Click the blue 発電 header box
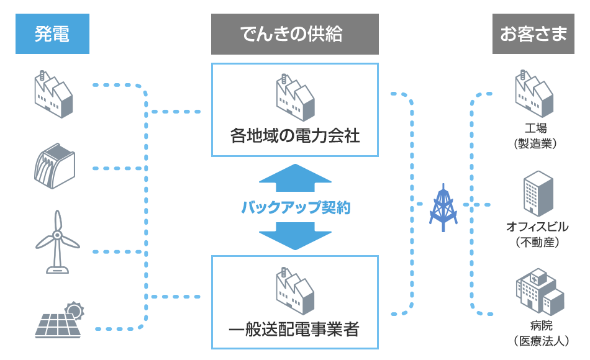pos(52,34)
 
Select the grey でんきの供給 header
pos(294,34)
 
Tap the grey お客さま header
pos(533,34)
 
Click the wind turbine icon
pos(57,241)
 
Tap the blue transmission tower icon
pos(443,207)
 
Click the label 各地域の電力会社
pos(295,135)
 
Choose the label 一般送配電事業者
pos(294,329)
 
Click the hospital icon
pos(538,292)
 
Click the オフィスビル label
pos(537,227)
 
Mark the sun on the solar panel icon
pos(75,308)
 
